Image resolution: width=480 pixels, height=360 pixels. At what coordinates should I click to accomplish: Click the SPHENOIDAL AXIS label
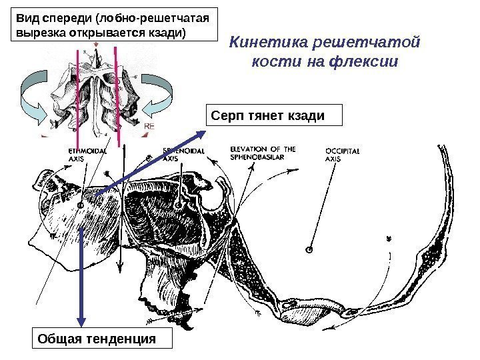click(x=179, y=155)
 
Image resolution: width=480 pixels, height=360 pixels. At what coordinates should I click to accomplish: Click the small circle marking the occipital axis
click(x=309, y=250)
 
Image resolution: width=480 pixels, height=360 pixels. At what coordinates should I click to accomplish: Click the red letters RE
click(x=150, y=125)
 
